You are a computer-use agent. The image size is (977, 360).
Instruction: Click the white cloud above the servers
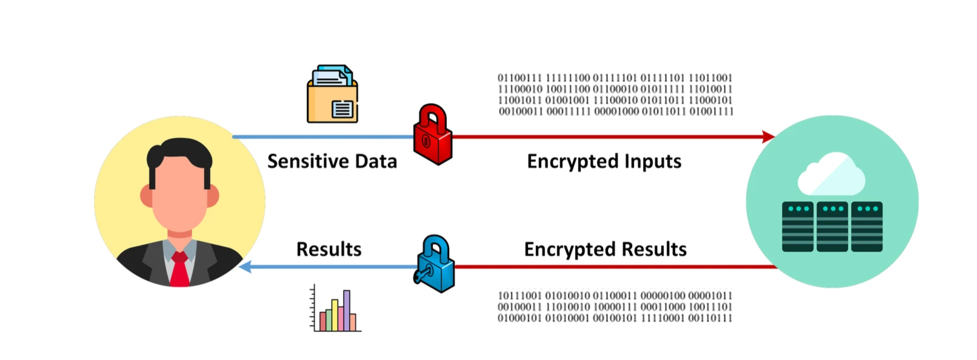(831, 173)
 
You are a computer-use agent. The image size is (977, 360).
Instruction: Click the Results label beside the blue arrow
(328, 249)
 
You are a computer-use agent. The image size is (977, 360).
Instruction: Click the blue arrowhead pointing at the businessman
(246, 267)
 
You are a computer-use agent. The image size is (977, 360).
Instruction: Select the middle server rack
(832, 227)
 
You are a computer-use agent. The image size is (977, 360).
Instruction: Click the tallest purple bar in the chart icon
(347, 310)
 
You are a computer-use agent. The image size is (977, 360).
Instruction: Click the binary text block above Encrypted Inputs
(615, 95)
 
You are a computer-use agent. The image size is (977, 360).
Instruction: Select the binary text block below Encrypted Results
(615, 307)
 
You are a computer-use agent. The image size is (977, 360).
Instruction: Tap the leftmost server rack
(798, 227)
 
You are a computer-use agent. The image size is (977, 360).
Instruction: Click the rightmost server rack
(867, 227)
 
